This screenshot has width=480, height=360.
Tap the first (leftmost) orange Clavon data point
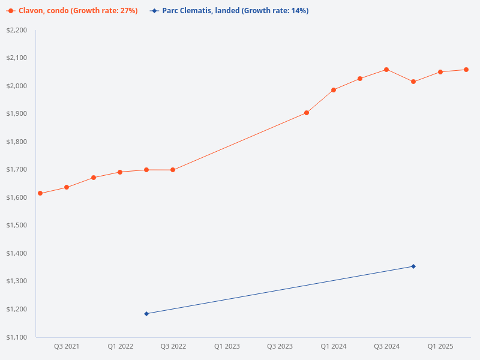40,193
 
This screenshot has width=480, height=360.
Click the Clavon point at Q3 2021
67,187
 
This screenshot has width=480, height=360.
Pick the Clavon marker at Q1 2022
120,172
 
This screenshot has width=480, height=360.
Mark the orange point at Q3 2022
173,170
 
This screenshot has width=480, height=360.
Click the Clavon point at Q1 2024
334,90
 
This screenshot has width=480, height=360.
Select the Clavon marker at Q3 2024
386,70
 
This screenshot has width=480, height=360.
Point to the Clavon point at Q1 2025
440,72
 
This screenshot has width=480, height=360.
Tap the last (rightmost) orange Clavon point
466,70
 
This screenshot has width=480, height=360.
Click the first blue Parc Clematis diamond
146,314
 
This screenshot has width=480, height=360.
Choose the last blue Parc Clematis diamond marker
413,266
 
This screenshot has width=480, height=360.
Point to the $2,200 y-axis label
17,30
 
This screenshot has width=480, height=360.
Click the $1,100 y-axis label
17,337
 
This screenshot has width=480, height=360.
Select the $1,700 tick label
17,170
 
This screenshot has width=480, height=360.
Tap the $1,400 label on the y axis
17,253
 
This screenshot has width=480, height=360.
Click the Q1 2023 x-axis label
227,346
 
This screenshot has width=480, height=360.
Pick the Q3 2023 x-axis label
280,346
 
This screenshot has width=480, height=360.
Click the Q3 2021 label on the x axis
67,346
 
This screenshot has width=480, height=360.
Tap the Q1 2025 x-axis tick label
440,346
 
